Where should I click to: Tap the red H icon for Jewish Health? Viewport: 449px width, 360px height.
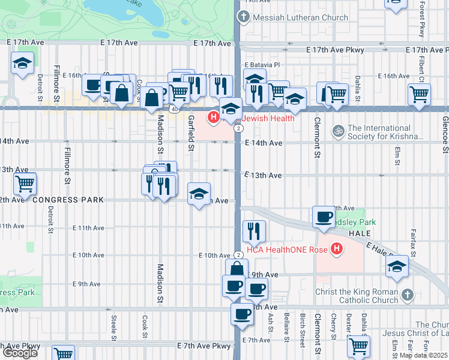(x=212, y=116)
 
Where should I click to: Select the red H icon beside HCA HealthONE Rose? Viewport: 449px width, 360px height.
(x=337, y=248)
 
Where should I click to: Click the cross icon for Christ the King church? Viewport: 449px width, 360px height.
(x=408, y=294)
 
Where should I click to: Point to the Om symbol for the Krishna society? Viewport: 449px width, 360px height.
(x=338, y=130)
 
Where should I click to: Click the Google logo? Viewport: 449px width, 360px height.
(x=20, y=353)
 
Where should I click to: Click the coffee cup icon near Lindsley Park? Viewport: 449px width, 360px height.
(x=324, y=217)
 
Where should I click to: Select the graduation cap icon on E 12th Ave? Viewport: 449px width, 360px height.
(x=199, y=194)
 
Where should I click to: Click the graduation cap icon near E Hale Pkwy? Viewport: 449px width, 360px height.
(x=397, y=267)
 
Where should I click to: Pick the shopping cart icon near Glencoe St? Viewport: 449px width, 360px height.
(x=418, y=94)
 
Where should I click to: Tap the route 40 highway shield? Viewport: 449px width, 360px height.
(x=174, y=109)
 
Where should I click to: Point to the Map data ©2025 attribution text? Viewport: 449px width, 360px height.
(x=423, y=355)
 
